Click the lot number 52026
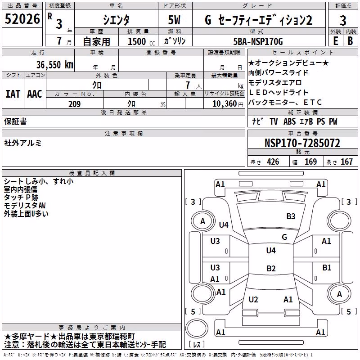[22, 19]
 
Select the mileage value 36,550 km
[55, 65]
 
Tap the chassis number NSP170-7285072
[302, 143]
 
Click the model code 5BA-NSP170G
[258, 41]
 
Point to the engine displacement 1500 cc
[141, 41]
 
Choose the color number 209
[74, 104]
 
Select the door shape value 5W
[174, 20]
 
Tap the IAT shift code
[13, 94]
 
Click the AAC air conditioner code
[35, 94]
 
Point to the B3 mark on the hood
[291, 216]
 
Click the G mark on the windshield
[284, 237]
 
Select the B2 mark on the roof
[271, 268]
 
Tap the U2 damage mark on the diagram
[253, 299]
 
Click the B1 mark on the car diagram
[327, 267]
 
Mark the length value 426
[273, 162]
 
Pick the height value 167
[346, 162]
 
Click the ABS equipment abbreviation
[289, 121]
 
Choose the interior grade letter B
[350, 41]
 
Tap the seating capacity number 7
[188, 85]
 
